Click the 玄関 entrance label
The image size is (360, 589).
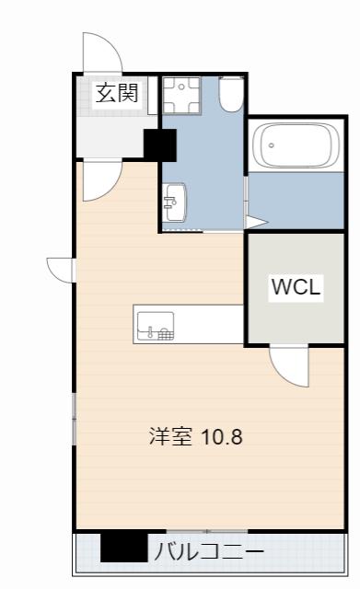(x=117, y=93)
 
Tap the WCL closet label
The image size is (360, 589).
(x=296, y=286)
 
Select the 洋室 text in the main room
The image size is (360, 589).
(x=170, y=436)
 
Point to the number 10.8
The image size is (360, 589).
(x=222, y=437)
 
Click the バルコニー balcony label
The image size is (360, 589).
(x=209, y=552)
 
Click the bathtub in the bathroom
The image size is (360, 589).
(x=296, y=144)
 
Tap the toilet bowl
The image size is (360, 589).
(x=231, y=94)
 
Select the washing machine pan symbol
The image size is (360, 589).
(x=181, y=95)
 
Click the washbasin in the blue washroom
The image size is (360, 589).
(x=175, y=202)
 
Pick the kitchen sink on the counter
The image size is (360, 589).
(x=156, y=326)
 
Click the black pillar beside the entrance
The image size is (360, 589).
(x=160, y=145)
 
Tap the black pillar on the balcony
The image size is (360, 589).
(x=124, y=548)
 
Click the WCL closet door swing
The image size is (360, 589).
(x=289, y=367)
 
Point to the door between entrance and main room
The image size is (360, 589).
(x=101, y=180)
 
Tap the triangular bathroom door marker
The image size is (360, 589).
(x=256, y=222)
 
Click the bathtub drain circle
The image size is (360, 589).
(x=272, y=145)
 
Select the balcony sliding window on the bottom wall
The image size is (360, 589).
(x=206, y=531)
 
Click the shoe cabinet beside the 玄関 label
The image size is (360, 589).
(x=152, y=96)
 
